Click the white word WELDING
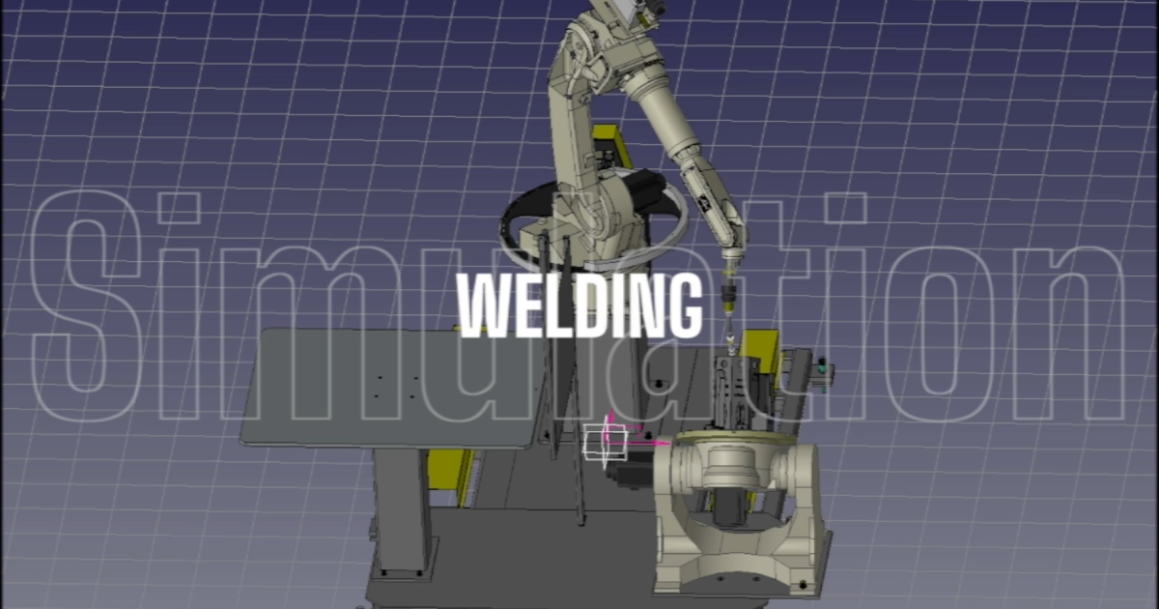tap(579, 305)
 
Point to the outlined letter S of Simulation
tap(86, 305)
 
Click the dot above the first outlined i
tap(179, 208)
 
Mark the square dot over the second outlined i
tap(846, 208)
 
